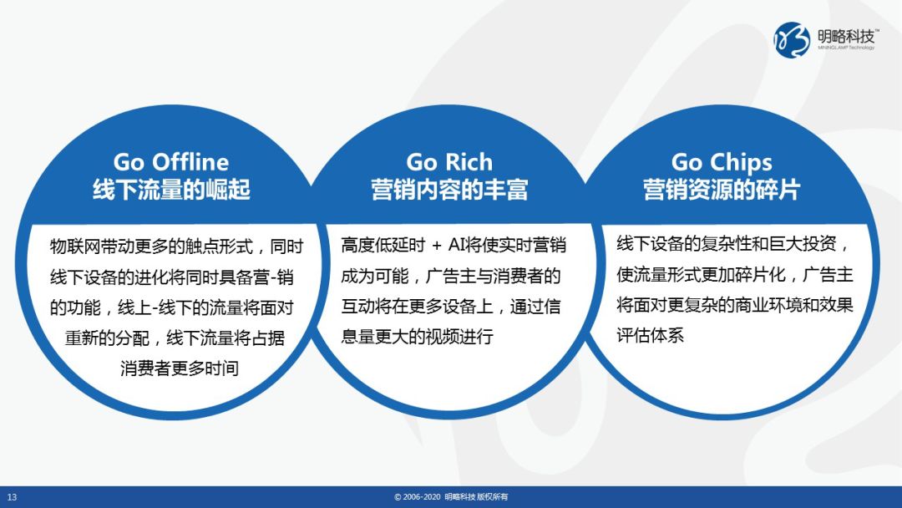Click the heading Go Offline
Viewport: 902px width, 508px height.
click(171, 162)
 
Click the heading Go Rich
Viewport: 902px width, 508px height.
click(449, 162)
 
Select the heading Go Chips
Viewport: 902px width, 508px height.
click(722, 163)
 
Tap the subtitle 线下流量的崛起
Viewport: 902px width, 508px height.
click(171, 190)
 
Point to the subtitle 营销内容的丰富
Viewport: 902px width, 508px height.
click(449, 190)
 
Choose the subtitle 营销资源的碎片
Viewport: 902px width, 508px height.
click(722, 190)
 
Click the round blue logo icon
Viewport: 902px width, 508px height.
click(792, 40)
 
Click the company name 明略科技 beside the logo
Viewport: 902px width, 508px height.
click(845, 36)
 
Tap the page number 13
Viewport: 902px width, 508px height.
click(12, 497)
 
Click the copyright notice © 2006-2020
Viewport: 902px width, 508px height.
click(417, 497)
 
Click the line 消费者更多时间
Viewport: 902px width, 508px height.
click(180, 368)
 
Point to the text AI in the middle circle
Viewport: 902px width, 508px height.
click(456, 245)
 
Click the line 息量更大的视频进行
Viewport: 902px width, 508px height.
click(417, 336)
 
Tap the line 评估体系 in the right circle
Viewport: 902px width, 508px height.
click(650, 335)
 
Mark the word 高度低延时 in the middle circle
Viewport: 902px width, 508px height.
click(383, 245)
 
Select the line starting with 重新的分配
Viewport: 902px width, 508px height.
click(175, 338)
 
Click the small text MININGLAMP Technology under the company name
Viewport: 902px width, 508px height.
click(846, 48)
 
